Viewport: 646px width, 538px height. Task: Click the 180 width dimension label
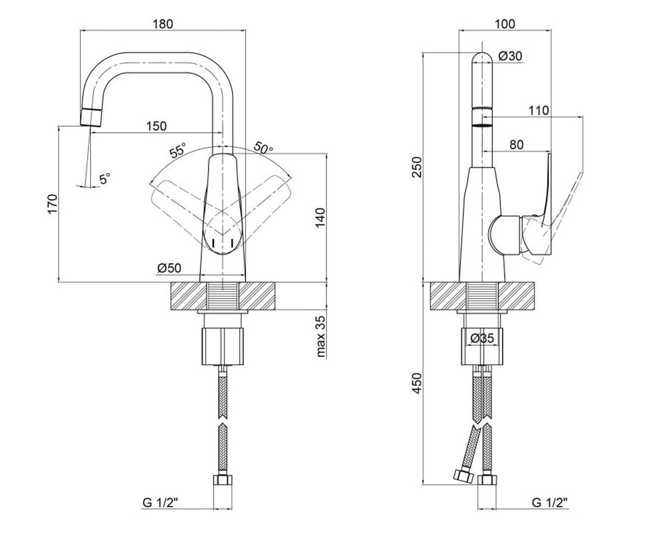163,24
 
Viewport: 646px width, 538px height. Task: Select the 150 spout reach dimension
156,126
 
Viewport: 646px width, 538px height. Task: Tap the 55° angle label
178,151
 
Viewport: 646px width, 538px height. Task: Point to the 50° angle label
263,147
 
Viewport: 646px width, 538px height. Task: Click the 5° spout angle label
105,179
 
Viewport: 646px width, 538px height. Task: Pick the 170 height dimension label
53,204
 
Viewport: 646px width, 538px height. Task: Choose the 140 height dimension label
320,218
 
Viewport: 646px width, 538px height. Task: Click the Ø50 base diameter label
169,268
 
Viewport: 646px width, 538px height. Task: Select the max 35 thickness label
321,336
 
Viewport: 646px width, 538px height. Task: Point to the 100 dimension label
505,24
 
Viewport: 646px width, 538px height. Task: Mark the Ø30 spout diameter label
510,56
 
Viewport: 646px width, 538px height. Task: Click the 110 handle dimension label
539,110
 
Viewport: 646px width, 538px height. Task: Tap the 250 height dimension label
418,167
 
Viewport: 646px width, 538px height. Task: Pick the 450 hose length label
418,384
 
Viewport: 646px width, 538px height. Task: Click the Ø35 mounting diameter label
482,338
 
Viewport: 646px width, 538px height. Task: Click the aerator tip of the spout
92,117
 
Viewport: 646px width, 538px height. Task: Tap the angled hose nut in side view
463,476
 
